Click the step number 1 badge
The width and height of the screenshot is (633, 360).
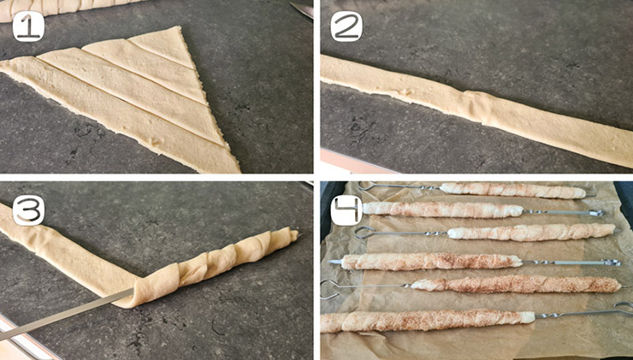pos(28,27)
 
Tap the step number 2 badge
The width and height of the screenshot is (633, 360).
pos(346,27)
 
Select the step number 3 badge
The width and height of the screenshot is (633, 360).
pos(28,210)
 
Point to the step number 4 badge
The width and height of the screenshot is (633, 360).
pos(346,210)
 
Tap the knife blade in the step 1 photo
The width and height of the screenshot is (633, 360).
pos(302,9)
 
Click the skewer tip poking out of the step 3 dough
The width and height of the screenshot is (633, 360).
pos(298,233)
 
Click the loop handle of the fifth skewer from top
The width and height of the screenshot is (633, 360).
pos(330,289)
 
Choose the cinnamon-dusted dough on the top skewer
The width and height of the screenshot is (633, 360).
pos(512,191)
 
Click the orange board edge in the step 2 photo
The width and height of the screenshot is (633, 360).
pos(355,162)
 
